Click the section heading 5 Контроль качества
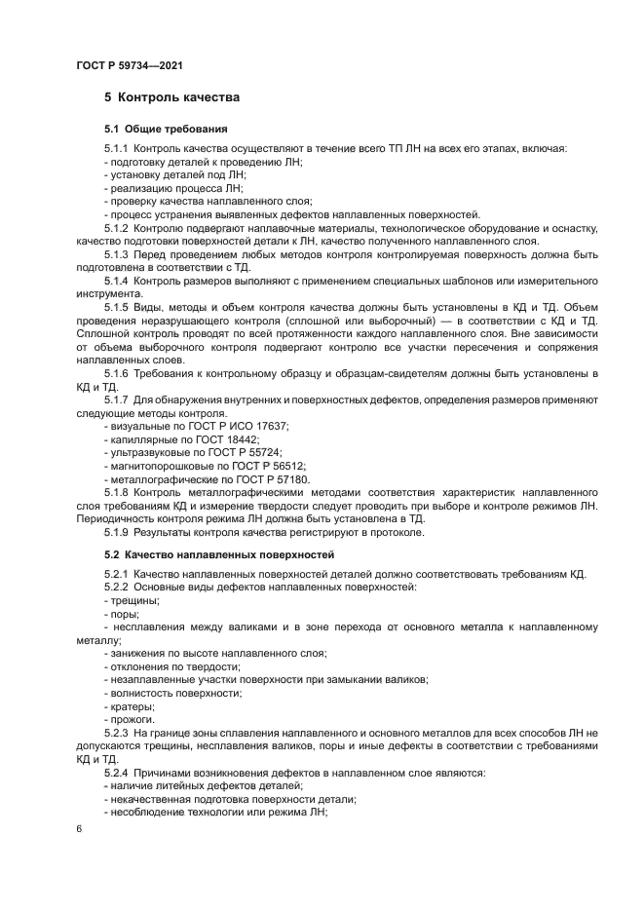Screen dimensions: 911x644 tap(171, 97)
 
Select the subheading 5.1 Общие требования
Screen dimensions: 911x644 tap(166, 129)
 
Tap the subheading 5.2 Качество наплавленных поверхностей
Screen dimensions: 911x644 tap(219, 553)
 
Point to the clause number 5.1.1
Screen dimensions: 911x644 tap(117, 148)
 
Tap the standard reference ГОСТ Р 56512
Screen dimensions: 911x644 tap(270, 466)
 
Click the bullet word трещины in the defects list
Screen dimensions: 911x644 tap(135, 600)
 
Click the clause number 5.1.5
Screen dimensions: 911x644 tap(117, 306)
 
